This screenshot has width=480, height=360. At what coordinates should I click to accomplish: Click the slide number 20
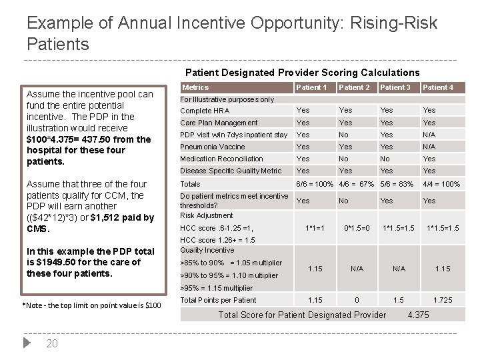pyautogui.click(x=53, y=344)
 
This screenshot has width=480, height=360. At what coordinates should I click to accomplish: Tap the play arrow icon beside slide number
pyautogui.click(x=27, y=343)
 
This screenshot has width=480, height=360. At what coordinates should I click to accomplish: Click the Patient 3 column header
pyautogui.click(x=395, y=87)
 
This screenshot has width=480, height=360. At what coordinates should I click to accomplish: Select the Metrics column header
pyautogui.click(x=195, y=87)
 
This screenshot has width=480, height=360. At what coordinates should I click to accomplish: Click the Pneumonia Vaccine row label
pyautogui.click(x=213, y=147)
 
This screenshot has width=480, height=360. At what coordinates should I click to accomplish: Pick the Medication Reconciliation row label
pyautogui.click(x=221, y=159)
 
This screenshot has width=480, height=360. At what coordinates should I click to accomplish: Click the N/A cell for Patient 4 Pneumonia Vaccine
pyautogui.click(x=429, y=147)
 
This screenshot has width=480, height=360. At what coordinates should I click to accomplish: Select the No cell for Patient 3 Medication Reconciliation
pyautogui.click(x=385, y=159)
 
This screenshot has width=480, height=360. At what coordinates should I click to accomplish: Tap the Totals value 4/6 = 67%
pyautogui.click(x=357, y=184)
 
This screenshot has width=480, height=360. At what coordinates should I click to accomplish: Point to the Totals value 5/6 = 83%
pyautogui.click(x=398, y=184)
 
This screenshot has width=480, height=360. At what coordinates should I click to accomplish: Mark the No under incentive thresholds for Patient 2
pyautogui.click(x=343, y=200)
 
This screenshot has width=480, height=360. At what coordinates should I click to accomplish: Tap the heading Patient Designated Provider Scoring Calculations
pyautogui.click(x=302, y=72)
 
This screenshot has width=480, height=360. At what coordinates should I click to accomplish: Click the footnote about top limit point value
pyautogui.click(x=91, y=305)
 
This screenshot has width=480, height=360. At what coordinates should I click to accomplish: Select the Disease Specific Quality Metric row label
pyautogui.click(x=231, y=171)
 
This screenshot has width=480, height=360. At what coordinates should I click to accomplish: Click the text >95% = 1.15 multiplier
pyautogui.click(x=217, y=288)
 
